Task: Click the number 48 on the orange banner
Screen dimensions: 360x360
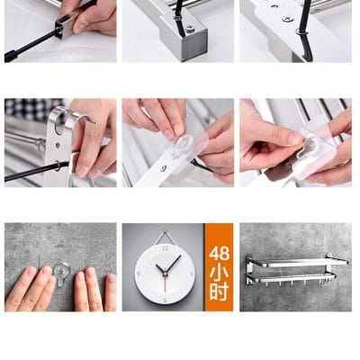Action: pyautogui.click(x=219, y=254)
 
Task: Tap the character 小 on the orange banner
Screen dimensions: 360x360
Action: pyautogui.click(x=219, y=273)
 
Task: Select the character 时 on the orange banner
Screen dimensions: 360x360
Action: pyautogui.click(x=219, y=292)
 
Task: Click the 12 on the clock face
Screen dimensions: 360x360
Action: pyautogui.click(x=165, y=248)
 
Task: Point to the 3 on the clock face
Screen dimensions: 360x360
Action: pyautogui.click(x=192, y=274)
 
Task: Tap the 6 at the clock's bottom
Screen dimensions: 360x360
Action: pyautogui.click(x=165, y=301)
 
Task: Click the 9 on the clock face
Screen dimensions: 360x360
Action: pyautogui.click(x=139, y=274)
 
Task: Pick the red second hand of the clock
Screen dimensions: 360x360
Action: pyautogui.click(x=165, y=283)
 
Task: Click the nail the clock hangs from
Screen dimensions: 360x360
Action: pyautogui.click(x=165, y=230)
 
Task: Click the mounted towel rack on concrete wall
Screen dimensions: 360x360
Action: pyautogui.click(x=296, y=269)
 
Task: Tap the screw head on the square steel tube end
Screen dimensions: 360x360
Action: pyautogui.click(x=190, y=30)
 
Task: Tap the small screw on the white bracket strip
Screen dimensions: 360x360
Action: pyautogui.click(x=163, y=169)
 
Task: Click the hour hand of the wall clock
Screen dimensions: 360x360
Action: pyautogui.click(x=160, y=269)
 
